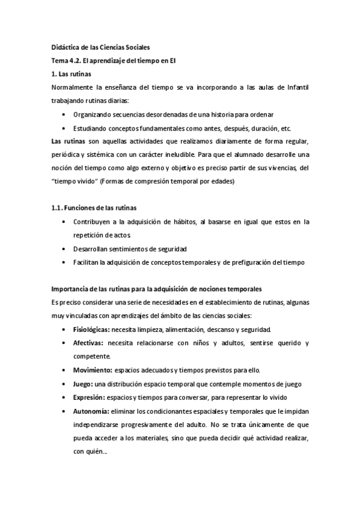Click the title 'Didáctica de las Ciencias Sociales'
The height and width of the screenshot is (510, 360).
99,47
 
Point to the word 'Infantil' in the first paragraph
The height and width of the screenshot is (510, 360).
295,87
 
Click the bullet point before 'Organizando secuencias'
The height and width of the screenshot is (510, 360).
64,114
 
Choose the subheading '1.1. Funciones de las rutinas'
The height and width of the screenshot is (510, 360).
94,208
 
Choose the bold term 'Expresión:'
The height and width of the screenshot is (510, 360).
90,397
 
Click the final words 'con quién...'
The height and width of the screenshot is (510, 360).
90,450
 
